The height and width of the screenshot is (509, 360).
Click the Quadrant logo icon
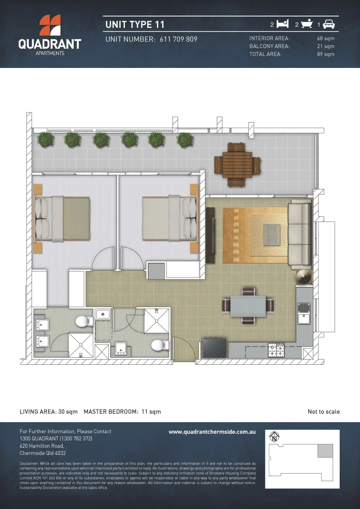pyautogui.click(x=49, y=26)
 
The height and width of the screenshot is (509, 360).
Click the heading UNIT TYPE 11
pyautogui.click(x=135, y=24)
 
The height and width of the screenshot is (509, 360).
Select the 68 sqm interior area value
pyautogui.click(x=326, y=38)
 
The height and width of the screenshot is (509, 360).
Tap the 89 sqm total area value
pyautogui.click(x=326, y=54)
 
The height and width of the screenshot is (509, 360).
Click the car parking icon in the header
pyautogui.click(x=329, y=24)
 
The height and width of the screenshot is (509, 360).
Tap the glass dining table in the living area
pyautogui.click(x=248, y=306)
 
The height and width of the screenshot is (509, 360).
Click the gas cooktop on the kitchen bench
pyautogui.click(x=276, y=350)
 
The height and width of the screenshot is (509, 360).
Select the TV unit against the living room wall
pyautogui.click(x=211, y=236)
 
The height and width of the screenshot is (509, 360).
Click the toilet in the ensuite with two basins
pyautogui.click(x=83, y=322)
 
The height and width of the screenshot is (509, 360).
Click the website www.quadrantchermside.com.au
pyautogui.click(x=212, y=432)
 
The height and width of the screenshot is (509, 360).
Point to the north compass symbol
pyautogui.click(x=273, y=437)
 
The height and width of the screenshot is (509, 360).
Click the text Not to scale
pyautogui.click(x=324, y=411)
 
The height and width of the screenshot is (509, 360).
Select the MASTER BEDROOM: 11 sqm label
pyautogui.click(x=122, y=411)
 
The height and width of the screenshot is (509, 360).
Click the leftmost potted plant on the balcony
pyautogui.click(x=46, y=139)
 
